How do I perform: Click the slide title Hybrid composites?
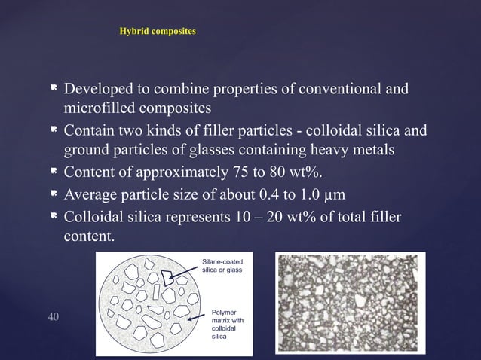(x=158, y=32)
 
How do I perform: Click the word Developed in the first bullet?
(x=99, y=91)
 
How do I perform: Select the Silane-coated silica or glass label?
(x=222, y=266)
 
